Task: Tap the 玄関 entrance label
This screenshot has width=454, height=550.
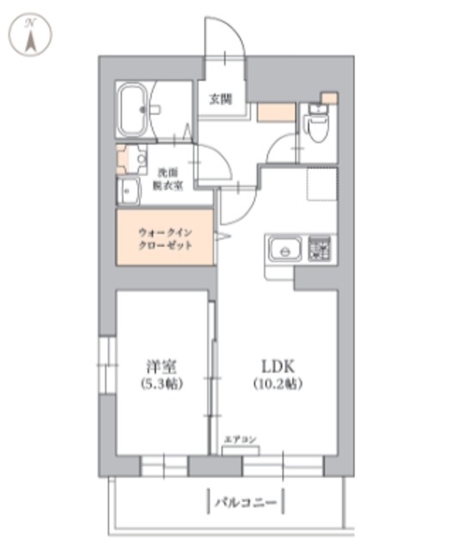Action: [220, 99]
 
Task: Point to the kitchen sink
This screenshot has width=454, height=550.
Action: [282, 251]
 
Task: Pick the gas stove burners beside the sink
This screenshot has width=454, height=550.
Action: [321, 249]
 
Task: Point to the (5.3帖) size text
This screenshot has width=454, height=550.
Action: [161, 383]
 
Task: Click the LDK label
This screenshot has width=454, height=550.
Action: [277, 364]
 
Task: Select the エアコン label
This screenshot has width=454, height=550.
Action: [241, 440]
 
